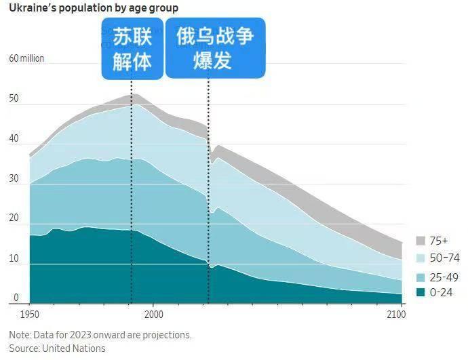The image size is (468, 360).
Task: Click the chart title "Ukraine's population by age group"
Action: coord(94,8)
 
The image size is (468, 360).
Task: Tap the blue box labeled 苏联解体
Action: coord(132,49)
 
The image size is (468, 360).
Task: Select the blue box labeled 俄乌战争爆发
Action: coord(215,48)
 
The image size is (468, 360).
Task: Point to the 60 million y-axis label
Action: coord(26,58)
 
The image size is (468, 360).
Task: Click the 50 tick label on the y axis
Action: coord(14,98)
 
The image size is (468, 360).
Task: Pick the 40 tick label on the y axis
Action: coord(14,138)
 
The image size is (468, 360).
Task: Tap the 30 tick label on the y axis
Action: coord(14,178)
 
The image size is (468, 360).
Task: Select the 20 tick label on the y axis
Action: coord(14,218)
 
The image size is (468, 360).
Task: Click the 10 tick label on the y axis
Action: coord(14,258)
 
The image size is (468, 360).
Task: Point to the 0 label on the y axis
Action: coord(16,298)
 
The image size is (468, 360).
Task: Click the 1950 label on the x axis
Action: coord(30,315)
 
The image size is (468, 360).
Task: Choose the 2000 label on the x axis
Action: coord(154,315)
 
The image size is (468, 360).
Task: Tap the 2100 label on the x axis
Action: coord(396,315)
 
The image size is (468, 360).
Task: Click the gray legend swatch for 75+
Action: coord(421,241)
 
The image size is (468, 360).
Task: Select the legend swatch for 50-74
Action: coord(421,258)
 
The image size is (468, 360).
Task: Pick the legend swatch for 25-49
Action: coord(421,278)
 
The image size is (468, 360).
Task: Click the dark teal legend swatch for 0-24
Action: coord(421,292)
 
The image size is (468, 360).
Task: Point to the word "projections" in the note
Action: coord(167,335)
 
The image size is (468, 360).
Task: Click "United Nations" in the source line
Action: coord(74,348)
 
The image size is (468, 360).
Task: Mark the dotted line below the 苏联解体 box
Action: coord(132,191)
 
